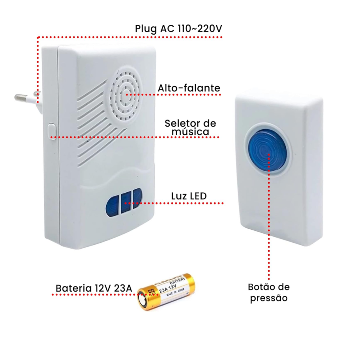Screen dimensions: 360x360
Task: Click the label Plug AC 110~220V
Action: point(178,29)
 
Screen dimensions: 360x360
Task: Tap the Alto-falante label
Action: point(189,88)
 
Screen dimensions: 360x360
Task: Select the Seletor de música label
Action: point(190,127)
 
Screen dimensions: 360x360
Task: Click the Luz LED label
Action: point(188,196)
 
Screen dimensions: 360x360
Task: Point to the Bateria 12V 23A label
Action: point(94,288)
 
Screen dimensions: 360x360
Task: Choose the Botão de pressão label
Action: point(269,292)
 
